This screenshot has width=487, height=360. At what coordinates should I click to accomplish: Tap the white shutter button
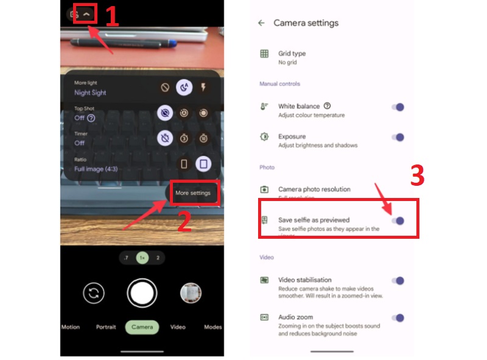pyautogui.click(x=142, y=293)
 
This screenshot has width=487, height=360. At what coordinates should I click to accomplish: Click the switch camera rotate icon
pyautogui.click(x=93, y=294)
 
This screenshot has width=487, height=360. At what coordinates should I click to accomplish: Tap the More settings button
pyautogui.click(x=192, y=193)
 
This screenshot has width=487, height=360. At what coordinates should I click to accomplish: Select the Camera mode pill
pyautogui.click(x=142, y=327)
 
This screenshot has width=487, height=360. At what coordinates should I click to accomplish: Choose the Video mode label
pyautogui.click(x=178, y=327)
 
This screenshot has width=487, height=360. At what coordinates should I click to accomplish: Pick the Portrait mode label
pyautogui.click(x=106, y=327)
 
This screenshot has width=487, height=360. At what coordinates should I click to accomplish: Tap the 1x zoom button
pyautogui.click(x=142, y=258)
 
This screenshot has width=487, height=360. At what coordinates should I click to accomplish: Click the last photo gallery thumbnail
pyautogui.click(x=191, y=294)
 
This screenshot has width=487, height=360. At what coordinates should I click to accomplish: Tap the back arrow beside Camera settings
pyautogui.click(x=261, y=23)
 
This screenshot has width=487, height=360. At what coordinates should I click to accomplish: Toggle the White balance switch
pyautogui.click(x=398, y=107)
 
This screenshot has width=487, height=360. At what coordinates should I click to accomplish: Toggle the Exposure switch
pyautogui.click(x=398, y=138)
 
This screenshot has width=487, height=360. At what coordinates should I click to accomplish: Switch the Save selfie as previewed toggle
pyautogui.click(x=398, y=221)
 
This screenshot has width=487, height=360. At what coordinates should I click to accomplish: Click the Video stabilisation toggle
pyautogui.click(x=398, y=281)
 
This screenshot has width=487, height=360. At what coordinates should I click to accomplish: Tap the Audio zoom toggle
pyautogui.click(x=398, y=317)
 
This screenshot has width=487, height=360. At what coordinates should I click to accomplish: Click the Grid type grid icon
pyautogui.click(x=264, y=54)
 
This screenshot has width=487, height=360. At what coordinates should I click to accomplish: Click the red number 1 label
pyautogui.click(x=111, y=16)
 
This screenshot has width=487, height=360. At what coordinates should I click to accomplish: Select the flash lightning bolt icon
pyautogui.click(x=203, y=88)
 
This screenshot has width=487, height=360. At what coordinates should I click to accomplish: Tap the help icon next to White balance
pyautogui.click(x=328, y=106)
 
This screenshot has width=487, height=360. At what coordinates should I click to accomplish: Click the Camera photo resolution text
pyautogui.click(x=314, y=189)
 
